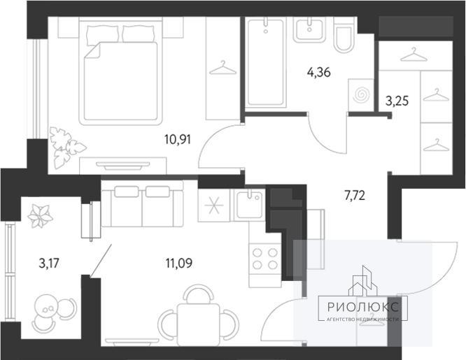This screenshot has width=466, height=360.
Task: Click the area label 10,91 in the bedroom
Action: [x=178, y=139]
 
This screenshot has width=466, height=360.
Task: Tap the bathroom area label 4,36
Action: [x=319, y=72]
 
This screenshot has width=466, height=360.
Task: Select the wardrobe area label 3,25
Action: [x=397, y=101]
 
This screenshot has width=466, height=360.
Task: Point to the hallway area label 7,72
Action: [x=355, y=196]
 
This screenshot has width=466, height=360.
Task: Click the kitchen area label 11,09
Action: [x=179, y=263]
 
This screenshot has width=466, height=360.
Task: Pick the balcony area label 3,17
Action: [x=50, y=263]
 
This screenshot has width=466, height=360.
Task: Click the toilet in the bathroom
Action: [x=344, y=35]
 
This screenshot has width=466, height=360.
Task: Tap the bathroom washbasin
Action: [x=309, y=29]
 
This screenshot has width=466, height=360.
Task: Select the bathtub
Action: [x=265, y=62]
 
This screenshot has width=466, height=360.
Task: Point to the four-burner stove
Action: [x=264, y=258]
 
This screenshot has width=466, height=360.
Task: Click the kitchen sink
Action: [x=249, y=205]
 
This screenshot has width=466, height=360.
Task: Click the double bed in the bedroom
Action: [x=120, y=71]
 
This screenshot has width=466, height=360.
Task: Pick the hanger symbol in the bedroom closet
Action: [x=223, y=68]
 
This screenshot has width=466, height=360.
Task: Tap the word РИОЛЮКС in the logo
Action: [x=363, y=307]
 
